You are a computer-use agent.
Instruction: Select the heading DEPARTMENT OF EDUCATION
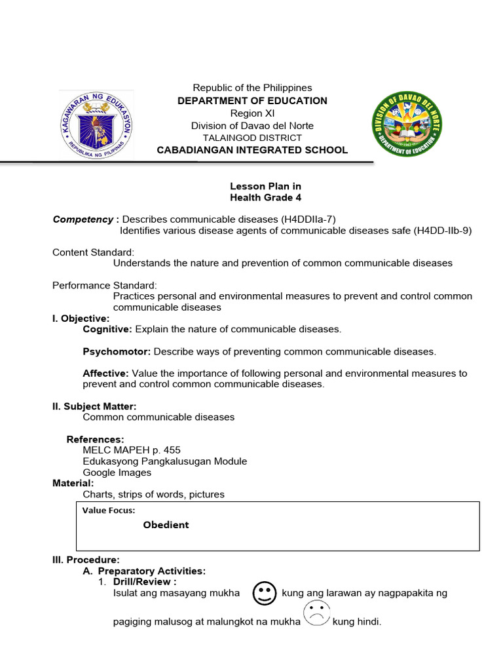pyautogui.click(x=252, y=101)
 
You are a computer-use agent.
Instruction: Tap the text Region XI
pyautogui.click(x=252, y=113)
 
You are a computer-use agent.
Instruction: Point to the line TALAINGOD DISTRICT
pyautogui.click(x=252, y=138)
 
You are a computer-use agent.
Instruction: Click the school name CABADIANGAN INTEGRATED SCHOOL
pyautogui.click(x=252, y=150)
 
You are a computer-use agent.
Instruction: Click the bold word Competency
pyautogui.click(x=77, y=219)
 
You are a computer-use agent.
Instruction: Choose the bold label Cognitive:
pyautogui.click(x=107, y=329)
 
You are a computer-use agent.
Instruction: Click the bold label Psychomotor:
pyautogui.click(x=117, y=351)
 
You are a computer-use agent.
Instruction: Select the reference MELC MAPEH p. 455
pyautogui.click(x=131, y=450)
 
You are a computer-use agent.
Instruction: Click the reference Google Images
pyautogui.click(x=117, y=472)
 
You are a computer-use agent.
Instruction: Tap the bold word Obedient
pyautogui.click(x=166, y=525)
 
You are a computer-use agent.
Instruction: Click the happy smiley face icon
pyautogui.click(x=263, y=594)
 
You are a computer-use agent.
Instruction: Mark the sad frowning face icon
pyautogui.click(x=316, y=615)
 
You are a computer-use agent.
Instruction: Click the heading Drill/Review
pyautogui.click(x=143, y=581)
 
